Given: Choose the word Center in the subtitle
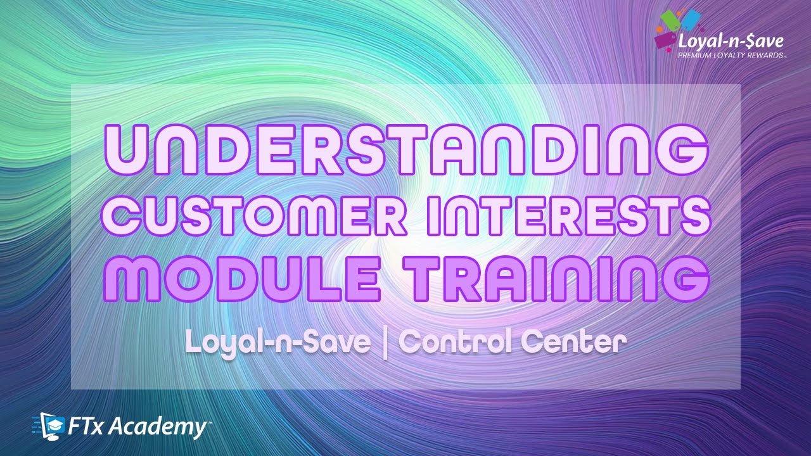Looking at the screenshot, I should (573, 343).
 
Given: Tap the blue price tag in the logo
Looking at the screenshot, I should (689, 19).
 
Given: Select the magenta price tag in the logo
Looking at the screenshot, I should (665, 39).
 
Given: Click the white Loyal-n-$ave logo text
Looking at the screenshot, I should (731, 42).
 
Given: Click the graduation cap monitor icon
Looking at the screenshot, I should (52, 426).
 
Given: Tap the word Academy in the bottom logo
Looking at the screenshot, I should (157, 428).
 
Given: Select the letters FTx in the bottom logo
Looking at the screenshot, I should (86, 427).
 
